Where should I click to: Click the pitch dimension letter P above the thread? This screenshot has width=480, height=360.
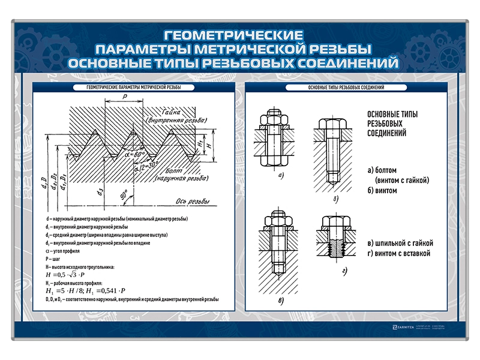pyautogui.click(x=125, y=96)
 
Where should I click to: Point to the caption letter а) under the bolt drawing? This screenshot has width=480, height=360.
pyautogui.click(x=280, y=176)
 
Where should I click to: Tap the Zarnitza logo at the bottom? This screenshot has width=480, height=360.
pyautogui.click(x=405, y=328)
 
